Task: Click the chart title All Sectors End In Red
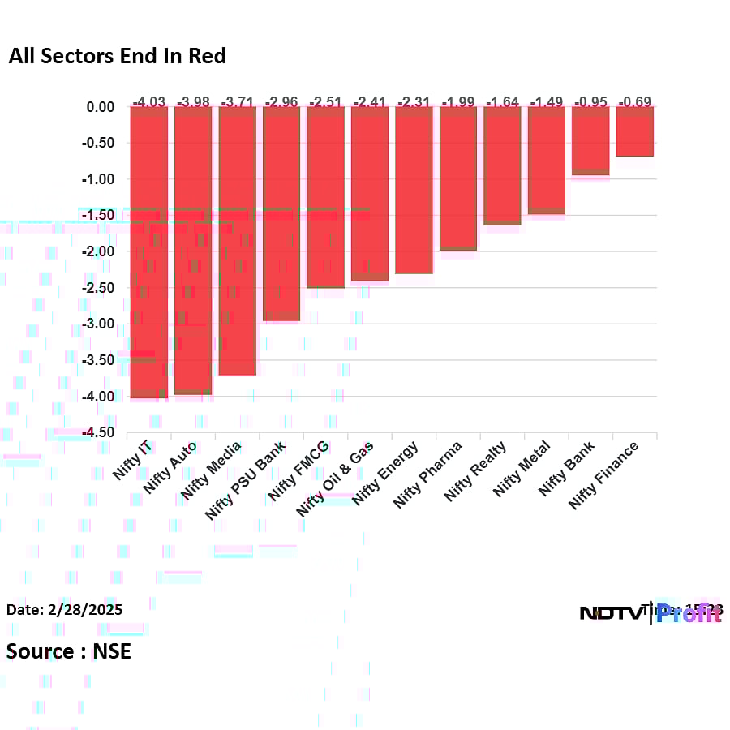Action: point(117,56)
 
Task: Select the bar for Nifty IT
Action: point(148,251)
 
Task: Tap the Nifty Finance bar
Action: point(634,131)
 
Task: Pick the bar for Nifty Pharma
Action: point(457,178)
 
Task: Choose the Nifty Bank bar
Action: point(590,141)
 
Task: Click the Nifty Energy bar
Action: point(414,191)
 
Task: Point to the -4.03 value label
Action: point(148,101)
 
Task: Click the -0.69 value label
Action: point(634,101)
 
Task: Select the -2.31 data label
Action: point(414,101)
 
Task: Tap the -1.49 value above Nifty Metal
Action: point(546,101)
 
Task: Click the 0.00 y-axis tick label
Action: point(101,107)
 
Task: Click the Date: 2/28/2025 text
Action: point(65,609)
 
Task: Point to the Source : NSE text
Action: point(69,651)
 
